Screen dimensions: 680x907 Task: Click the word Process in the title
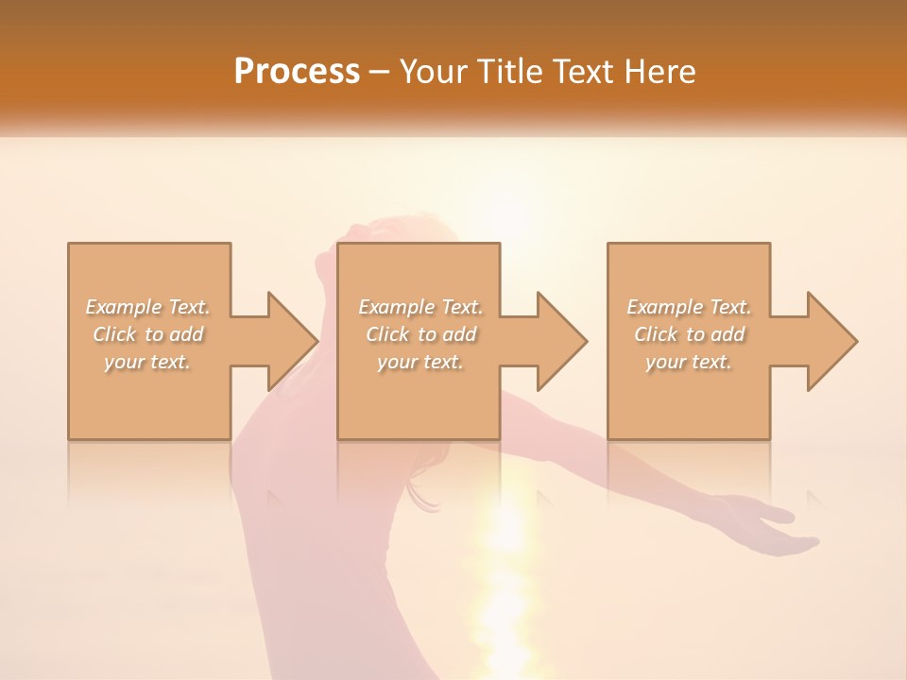pos(297,72)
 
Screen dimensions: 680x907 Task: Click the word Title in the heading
pos(512,72)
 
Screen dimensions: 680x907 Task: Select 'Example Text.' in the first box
pos(148,307)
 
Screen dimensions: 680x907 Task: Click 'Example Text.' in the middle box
pos(420,307)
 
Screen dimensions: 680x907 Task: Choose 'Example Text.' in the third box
pos(689,307)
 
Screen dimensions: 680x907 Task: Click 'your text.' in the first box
pos(147,362)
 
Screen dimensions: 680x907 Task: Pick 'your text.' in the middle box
pos(419,362)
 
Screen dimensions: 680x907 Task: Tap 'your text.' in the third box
pos(689,362)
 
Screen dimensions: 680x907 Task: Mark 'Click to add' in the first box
pos(148,334)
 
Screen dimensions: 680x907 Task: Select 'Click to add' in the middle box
pos(420,334)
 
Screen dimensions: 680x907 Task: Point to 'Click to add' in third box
pos(690,334)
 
